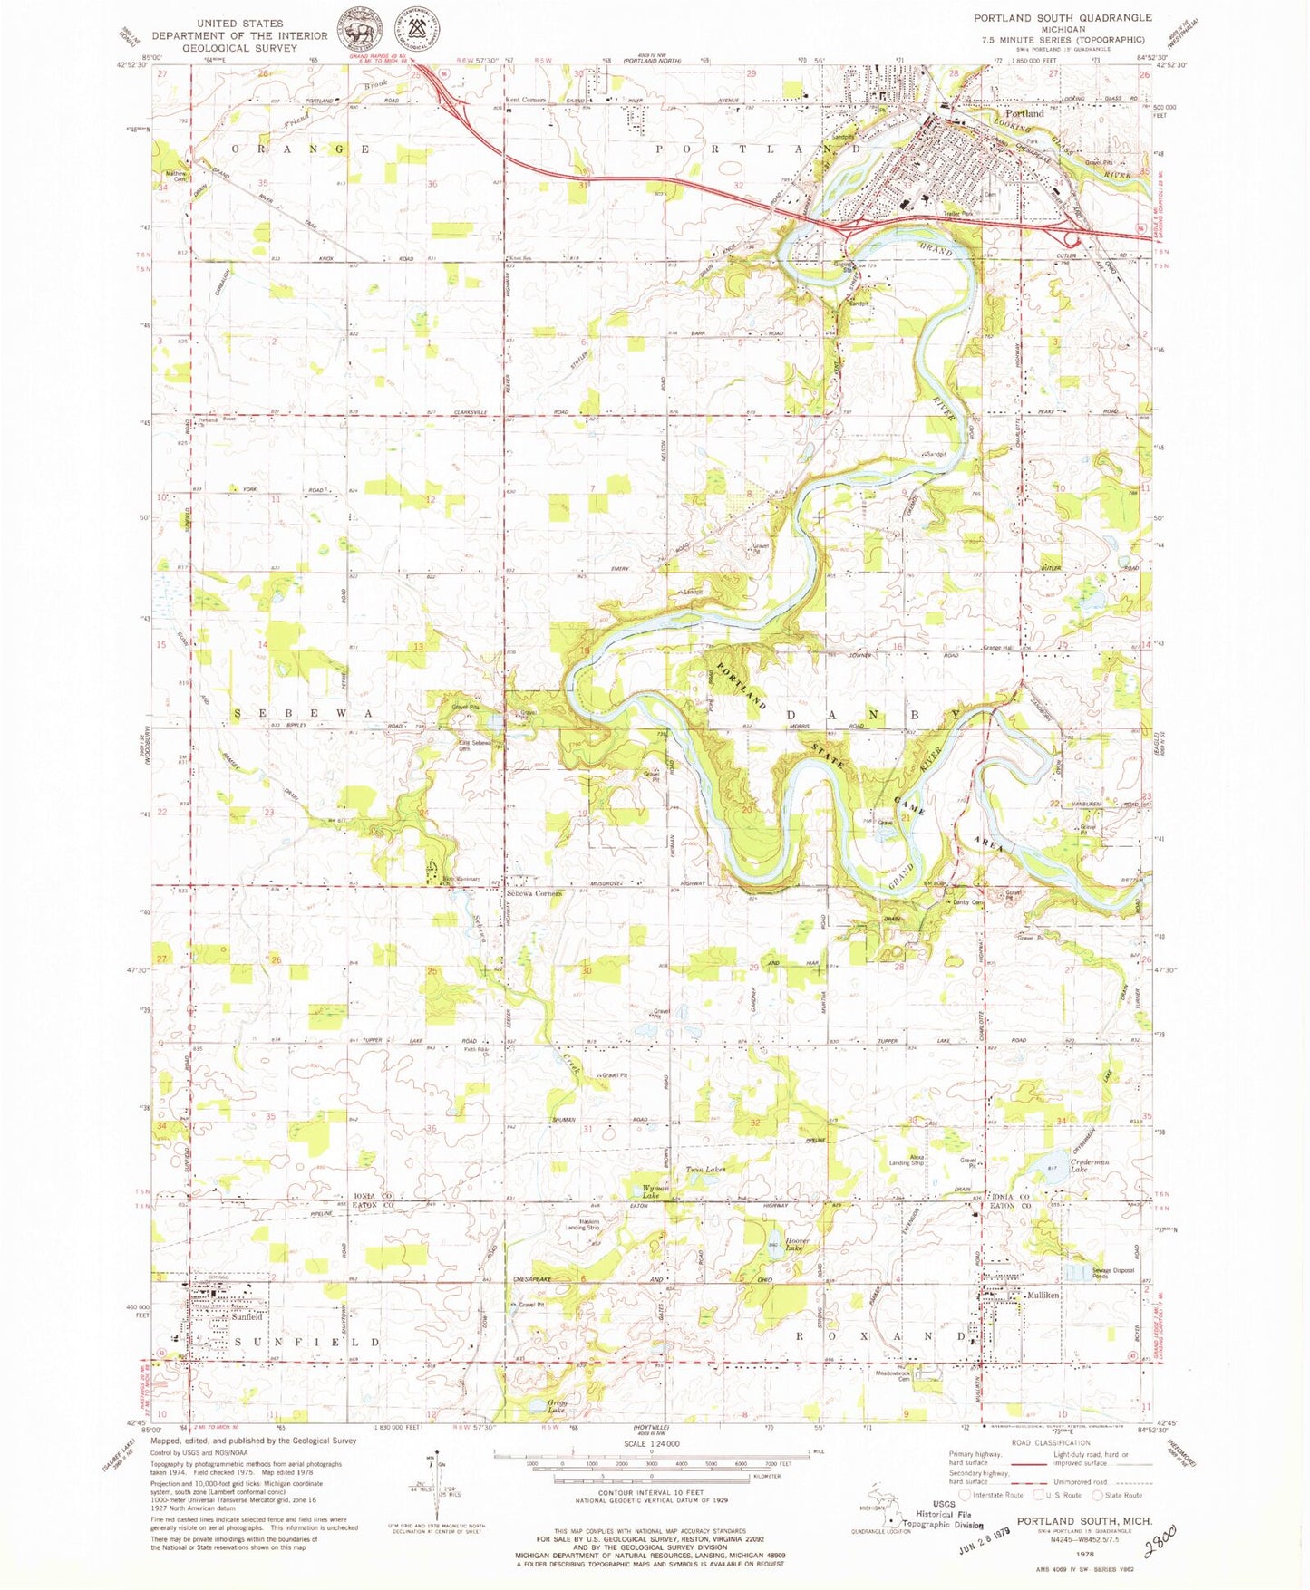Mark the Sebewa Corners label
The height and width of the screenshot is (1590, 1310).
[534, 893]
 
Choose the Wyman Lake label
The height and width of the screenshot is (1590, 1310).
[655, 1191]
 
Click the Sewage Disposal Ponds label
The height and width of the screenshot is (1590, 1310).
[1112, 1273]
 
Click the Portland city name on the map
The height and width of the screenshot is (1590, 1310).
[1024, 114]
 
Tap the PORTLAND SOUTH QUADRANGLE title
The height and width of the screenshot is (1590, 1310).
[1063, 17]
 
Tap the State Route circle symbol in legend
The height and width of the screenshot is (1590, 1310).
[1099, 1495]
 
